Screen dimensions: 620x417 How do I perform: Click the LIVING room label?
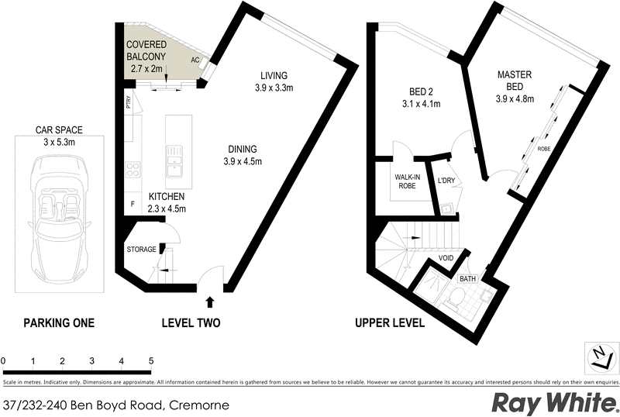pos(274,75)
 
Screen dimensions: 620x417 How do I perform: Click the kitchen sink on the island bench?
pos(175,160)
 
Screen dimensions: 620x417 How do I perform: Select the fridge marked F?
pos(132,205)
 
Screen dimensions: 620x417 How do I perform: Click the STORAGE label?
pos(141,250)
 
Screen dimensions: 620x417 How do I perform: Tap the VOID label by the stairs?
pos(446,258)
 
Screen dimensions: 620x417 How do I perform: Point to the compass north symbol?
pos(598,357)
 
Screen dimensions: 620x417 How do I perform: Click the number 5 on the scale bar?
pos(151,361)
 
